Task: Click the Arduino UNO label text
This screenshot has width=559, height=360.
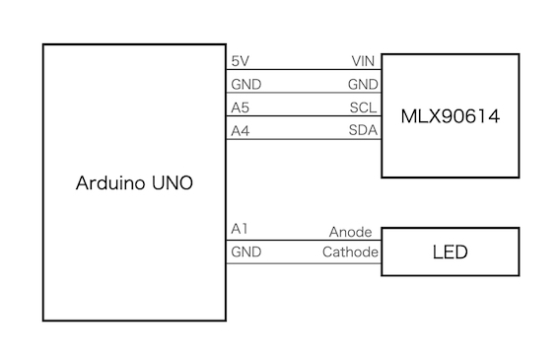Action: [x=134, y=183]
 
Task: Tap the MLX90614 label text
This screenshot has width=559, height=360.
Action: [x=451, y=116]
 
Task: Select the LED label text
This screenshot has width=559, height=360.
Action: [x=450, y=252]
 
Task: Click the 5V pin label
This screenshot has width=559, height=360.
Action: [x=240, y=61]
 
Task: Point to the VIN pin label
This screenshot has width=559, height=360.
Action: [x=363, y=61]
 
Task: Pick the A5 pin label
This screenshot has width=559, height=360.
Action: [x=240, y=108]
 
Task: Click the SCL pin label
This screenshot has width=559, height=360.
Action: [x=363, y=108]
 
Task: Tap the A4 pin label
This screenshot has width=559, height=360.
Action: [x=240, y=131]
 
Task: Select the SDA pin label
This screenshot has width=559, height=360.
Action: [x=363, y=130]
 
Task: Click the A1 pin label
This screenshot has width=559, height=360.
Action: [x=240, y=229]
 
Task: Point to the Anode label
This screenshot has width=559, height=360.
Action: [x=350, y=232]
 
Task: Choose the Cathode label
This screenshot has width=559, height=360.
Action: [x=350, y=252]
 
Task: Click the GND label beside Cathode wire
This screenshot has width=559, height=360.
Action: [x=246, y=252]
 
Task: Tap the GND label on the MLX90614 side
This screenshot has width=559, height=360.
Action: [x=363, y=84]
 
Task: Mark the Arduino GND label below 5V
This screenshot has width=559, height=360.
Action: [x=246, y=84]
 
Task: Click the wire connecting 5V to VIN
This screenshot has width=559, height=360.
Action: [x=304, y=70]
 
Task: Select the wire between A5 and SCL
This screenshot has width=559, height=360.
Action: [x=304, y=115]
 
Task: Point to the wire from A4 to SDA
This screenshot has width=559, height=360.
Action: [x=304, y=139]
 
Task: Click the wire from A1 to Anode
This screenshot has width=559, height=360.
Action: [x=304, y=240]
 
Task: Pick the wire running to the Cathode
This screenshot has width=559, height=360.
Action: [x=304, y=263]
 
